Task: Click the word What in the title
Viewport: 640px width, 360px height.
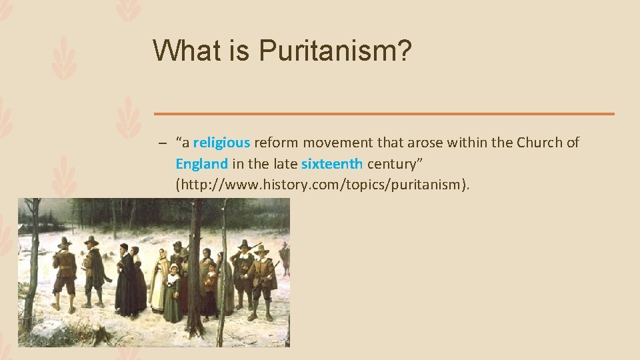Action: [x=184, y=50]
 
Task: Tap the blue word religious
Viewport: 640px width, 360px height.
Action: [x=221, y=142]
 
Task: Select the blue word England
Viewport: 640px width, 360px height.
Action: [x=201, y=163]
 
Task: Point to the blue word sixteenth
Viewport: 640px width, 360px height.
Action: [x=331, y=163]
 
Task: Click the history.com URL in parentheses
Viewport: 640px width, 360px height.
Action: [x=322, y=185]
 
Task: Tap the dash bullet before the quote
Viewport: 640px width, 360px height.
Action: [x=162, y=143]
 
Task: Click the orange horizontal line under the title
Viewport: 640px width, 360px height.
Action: [x=383, y=114]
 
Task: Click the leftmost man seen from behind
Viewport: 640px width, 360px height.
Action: [x=65, y=273]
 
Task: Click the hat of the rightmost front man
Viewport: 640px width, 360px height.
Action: [x=262, y=249]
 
